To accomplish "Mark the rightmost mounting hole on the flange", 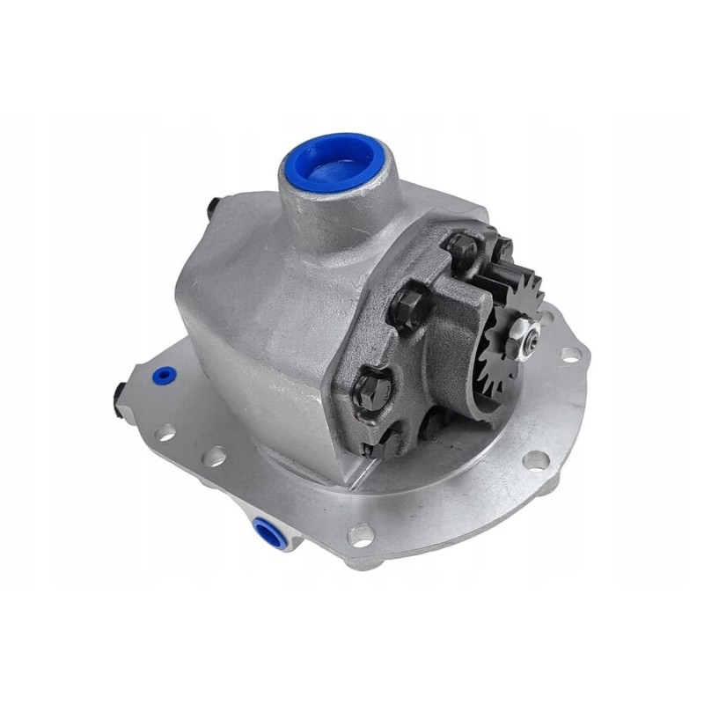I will coord(570,354).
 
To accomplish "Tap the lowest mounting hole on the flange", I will coord(360,533).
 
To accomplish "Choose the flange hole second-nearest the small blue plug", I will coord(214,456).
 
